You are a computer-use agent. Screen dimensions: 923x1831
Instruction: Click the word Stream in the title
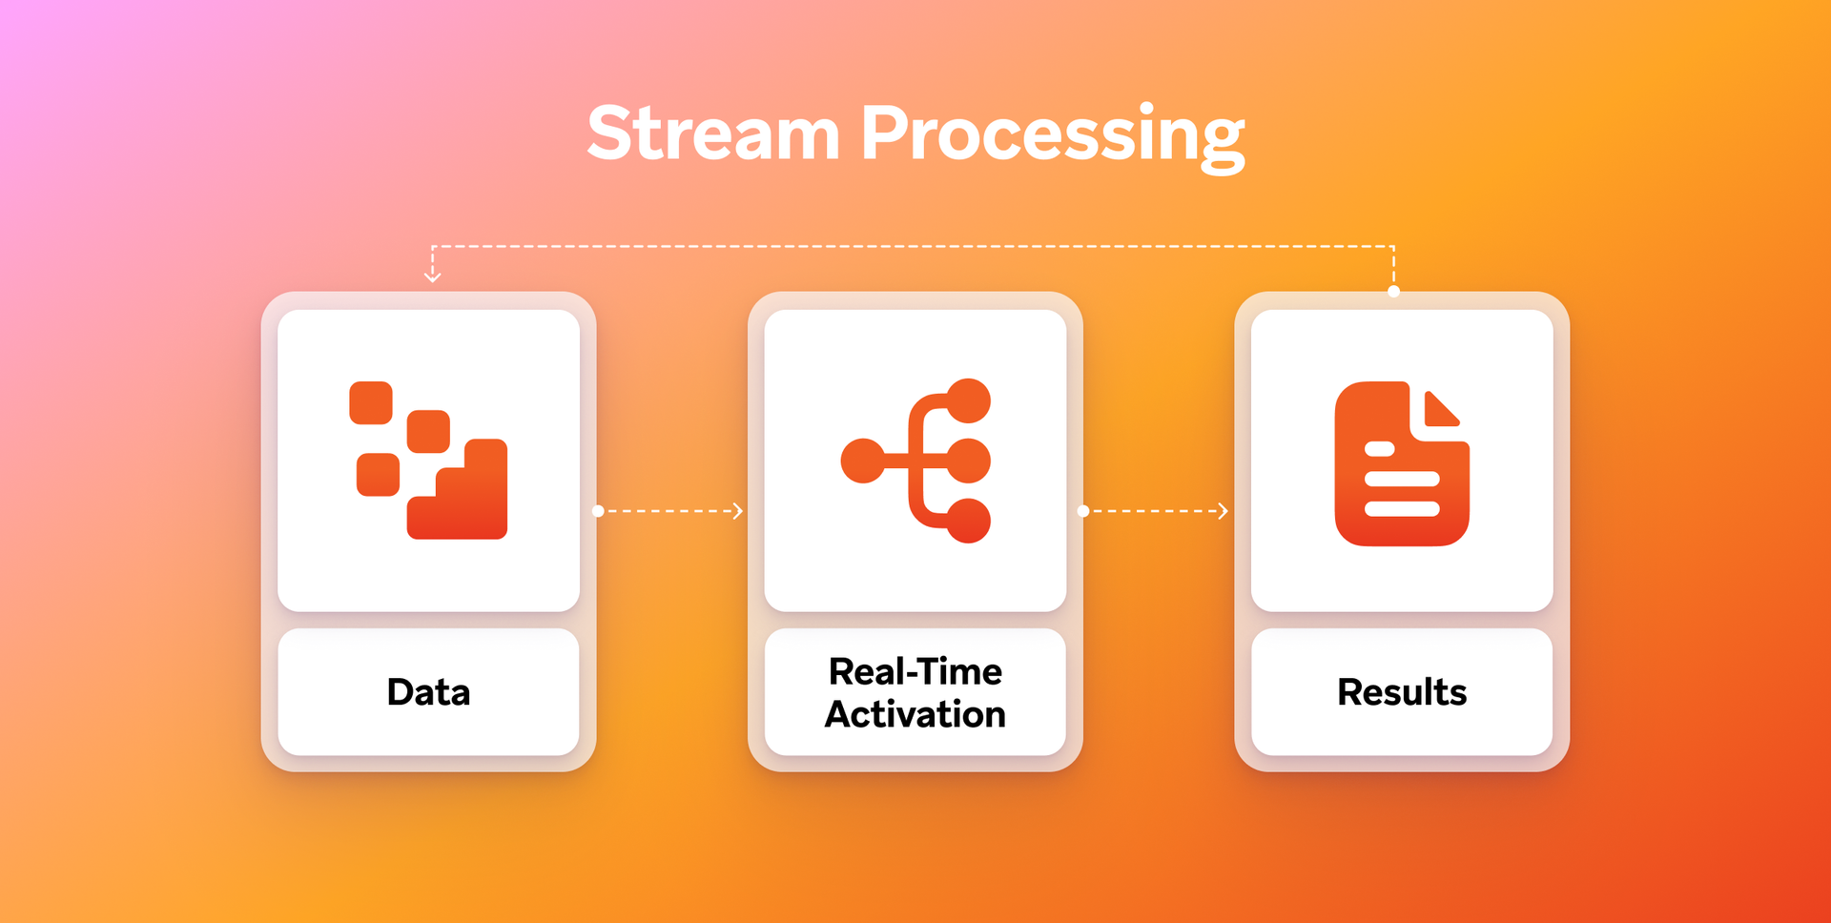click(x=713, y=133)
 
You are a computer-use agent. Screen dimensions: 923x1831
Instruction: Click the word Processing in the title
click(x=1052, y=135)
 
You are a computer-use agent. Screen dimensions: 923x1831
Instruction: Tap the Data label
click(x=428, y=692)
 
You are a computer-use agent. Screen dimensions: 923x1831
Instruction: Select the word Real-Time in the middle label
click(x=915, y=671)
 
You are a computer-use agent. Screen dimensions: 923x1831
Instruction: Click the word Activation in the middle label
click(x=915, y=714)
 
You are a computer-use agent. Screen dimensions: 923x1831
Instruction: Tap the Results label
click(x=1401, y=692)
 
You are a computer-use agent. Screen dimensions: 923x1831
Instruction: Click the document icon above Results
click(x=1401, y=464)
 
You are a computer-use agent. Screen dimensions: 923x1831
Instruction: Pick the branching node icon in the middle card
click(x=915, y=461)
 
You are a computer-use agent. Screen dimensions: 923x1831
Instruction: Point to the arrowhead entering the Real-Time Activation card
click(x=738, y=511)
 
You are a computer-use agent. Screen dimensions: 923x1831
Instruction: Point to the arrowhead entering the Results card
click(x=1224, y=511)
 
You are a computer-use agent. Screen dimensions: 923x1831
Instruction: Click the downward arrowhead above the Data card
click(x=432, y=277)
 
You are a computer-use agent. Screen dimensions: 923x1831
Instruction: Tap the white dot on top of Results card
click(x=1393, y=292)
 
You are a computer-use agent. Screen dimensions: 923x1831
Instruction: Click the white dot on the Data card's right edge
click(x=598, y=511)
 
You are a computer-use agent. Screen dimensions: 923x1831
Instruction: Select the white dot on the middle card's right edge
click(x=1082, y=511)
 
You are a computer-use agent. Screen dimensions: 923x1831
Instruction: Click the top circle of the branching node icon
click(x=969, y=400)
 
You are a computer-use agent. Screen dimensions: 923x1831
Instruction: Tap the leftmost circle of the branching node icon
click(x=863, y=461)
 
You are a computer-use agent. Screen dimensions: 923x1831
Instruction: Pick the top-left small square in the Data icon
click(x=371, y=402)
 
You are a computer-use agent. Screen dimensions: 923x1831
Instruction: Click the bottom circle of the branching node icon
click(x=969, y=521)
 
